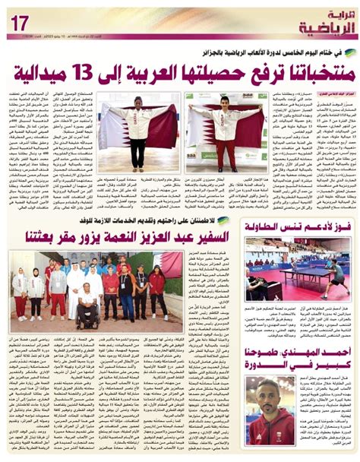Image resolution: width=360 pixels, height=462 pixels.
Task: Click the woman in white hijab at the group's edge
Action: (20, 293)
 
